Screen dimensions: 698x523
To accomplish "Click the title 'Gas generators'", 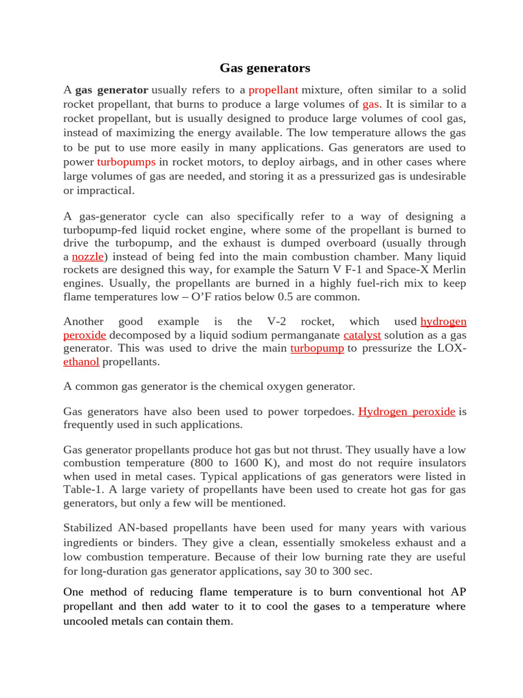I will click(x=264, y=68).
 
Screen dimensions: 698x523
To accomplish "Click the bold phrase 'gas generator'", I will click(x=111, y=90).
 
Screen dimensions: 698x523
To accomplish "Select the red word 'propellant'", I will click(x=273, y=90).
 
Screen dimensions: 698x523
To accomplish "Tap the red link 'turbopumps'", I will click(x=126, y=162).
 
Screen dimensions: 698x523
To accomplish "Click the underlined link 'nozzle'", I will click(x=89, y=256).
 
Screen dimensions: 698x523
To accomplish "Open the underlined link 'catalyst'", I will click(x=362, y=335).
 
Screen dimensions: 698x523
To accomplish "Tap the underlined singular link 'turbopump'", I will click(x=317, y=348).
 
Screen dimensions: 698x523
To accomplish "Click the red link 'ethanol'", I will click(x=81, y=362).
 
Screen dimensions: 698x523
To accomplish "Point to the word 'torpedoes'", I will click(x=330, y=411).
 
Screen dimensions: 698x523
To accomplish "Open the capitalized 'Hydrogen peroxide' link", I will click(x=407, y=411).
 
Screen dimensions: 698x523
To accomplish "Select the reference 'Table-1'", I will click(x=82, y=489).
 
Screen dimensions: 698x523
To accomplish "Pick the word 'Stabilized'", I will click(x=91, y=528).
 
